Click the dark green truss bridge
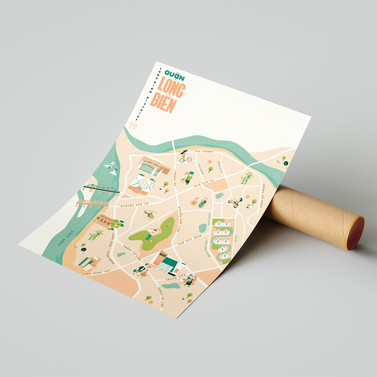click(x=101, y=189)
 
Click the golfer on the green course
click(x=151, y=232)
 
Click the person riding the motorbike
click(x=235, y=202)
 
